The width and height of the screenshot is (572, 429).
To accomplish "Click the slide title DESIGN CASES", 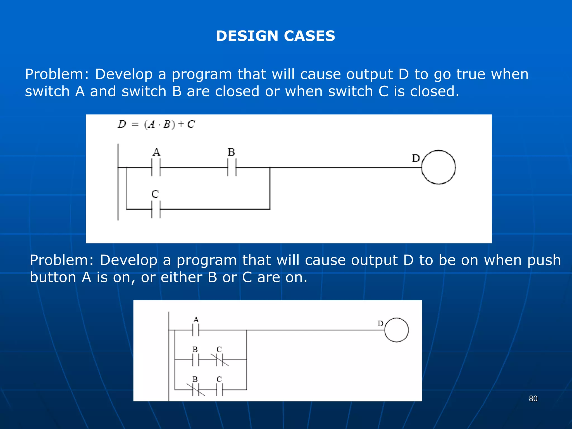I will [x=275, y=36].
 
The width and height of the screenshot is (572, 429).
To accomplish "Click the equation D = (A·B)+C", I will [x=156, y=124].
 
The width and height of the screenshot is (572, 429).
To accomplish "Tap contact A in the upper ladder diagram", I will [x=156, y=167].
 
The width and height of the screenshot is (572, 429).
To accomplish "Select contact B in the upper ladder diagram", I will [x=232, y=167].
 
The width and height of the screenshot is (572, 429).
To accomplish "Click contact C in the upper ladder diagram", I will [x=156, y=209].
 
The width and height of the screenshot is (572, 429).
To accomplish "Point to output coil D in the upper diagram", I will [x=438, y=167].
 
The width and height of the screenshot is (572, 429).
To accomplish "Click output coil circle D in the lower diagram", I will [x=396, y=330].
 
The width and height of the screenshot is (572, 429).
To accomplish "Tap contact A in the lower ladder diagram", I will [x=196, y=330].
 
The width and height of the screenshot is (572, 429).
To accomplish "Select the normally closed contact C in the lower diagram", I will [x=220, y=360].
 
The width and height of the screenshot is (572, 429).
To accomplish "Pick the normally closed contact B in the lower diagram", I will [x=196, y=390].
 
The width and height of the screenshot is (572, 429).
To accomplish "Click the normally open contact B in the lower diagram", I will [x=196, y=360].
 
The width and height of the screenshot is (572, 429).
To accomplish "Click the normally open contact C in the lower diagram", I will [x=220, y=390].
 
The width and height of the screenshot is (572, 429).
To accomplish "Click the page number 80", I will [x=533, y=399].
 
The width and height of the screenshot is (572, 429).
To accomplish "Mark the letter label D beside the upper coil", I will [x=416, y=158].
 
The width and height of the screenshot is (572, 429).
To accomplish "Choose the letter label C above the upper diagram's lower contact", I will [x=155, y=194].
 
